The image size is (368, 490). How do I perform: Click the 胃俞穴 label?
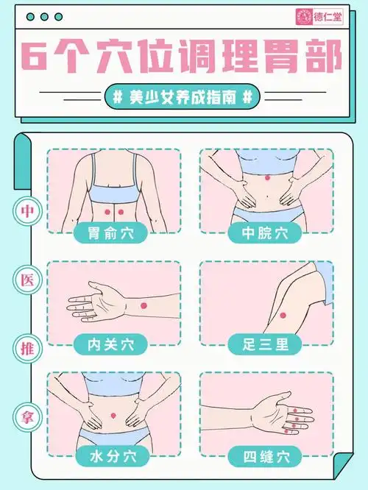[x=113, y=234]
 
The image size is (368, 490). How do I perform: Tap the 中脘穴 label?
[x=266, y=234]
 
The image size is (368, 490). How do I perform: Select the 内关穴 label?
[x=113, y=343]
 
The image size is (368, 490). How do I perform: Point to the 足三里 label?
[x=266, y=343]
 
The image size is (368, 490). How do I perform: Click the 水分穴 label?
[x=113, y=456]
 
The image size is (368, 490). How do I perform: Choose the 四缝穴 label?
[x=266, y=456]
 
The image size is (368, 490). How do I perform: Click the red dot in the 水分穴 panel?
[x=114, y=417]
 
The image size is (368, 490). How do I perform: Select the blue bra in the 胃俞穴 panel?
[x=113, y=194]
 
